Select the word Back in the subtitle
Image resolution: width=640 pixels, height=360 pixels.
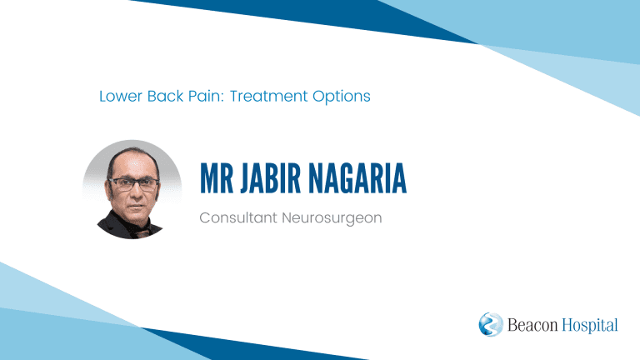(x=165, y=97)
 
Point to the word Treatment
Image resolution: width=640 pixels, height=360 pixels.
(x=268, y=97)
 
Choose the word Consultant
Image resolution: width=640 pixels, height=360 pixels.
(x=238, y=217)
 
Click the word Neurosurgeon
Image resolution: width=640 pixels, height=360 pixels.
(x=332, y=218)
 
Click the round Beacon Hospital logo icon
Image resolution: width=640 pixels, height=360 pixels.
(x=491, y=324)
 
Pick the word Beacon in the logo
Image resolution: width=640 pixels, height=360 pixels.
(x=532, y=325)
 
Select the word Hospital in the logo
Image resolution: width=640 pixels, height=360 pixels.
(x=590, y=326)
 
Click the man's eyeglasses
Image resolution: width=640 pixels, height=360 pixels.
(x=133, y=183)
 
